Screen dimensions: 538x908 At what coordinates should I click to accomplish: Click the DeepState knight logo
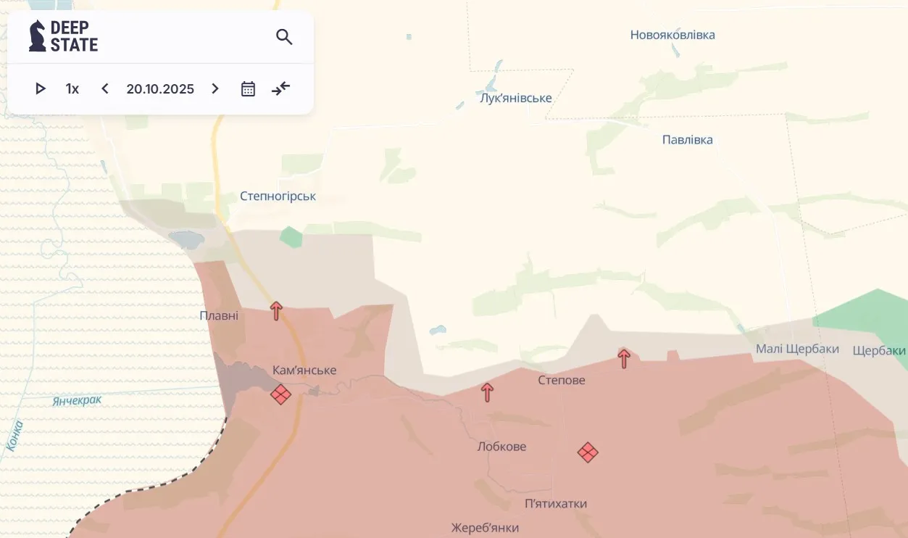pos(38,36)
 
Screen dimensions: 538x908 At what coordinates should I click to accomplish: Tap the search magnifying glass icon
pos(284,37)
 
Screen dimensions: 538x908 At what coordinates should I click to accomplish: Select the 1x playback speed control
pos(72,88)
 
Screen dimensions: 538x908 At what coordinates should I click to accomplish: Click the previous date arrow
pos(105,88)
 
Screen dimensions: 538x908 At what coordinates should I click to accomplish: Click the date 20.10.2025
pos(160,88)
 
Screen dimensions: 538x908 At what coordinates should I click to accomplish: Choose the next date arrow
pos(215,88)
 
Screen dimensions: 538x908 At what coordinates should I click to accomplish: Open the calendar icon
pos(248,88)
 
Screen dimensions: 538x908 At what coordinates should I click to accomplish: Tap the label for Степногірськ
pos(278,196)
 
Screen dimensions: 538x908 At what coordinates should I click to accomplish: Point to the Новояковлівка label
pos(672,35)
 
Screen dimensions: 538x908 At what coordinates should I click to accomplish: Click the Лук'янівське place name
pos(515,98)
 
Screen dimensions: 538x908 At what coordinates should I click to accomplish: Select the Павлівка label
pos(687,139)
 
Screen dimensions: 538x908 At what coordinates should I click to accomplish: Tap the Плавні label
pos(219,315)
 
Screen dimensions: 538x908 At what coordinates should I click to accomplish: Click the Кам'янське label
pos(304,370)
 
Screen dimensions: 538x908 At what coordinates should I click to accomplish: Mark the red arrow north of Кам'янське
pos(276,310)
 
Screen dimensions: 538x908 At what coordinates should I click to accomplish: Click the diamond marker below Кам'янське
pos(280,394)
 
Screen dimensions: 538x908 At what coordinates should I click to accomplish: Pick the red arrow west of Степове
pos(488,392)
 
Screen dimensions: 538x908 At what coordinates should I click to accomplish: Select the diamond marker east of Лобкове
pos(588,452)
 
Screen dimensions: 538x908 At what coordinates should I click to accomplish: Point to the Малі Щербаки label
pos(797,349)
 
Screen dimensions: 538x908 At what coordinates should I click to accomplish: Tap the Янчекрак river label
pos(77,400)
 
